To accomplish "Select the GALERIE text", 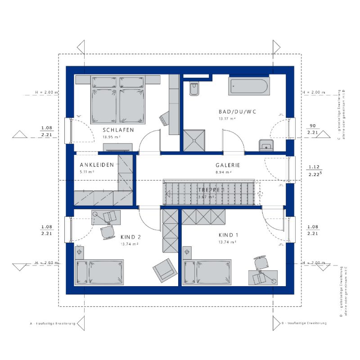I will pyautogui.click(x=228, y=165).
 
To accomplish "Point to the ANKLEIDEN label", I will pyautogui.click(x=97, y=165).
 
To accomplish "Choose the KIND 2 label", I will pyautogui.click(x=131, y=237).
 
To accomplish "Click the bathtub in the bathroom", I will pyautogui.click(x=248, y=86).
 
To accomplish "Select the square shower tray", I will pyautogui.click(x=194, y=141).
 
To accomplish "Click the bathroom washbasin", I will pyautogui.click(x=266, y=145).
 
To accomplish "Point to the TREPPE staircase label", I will pyautogui.click(x=211, y=190).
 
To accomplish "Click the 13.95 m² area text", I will pyautogui.click(x=111, y=137).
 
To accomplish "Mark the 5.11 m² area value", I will pyautogui.click(x=86, y=172).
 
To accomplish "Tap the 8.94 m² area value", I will pyautogui.click(x=223, y=172).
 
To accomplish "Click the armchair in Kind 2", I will pyautogui.click(x=164, y=270).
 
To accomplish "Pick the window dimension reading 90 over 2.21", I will pyautogui.click(x=312, y=129).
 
